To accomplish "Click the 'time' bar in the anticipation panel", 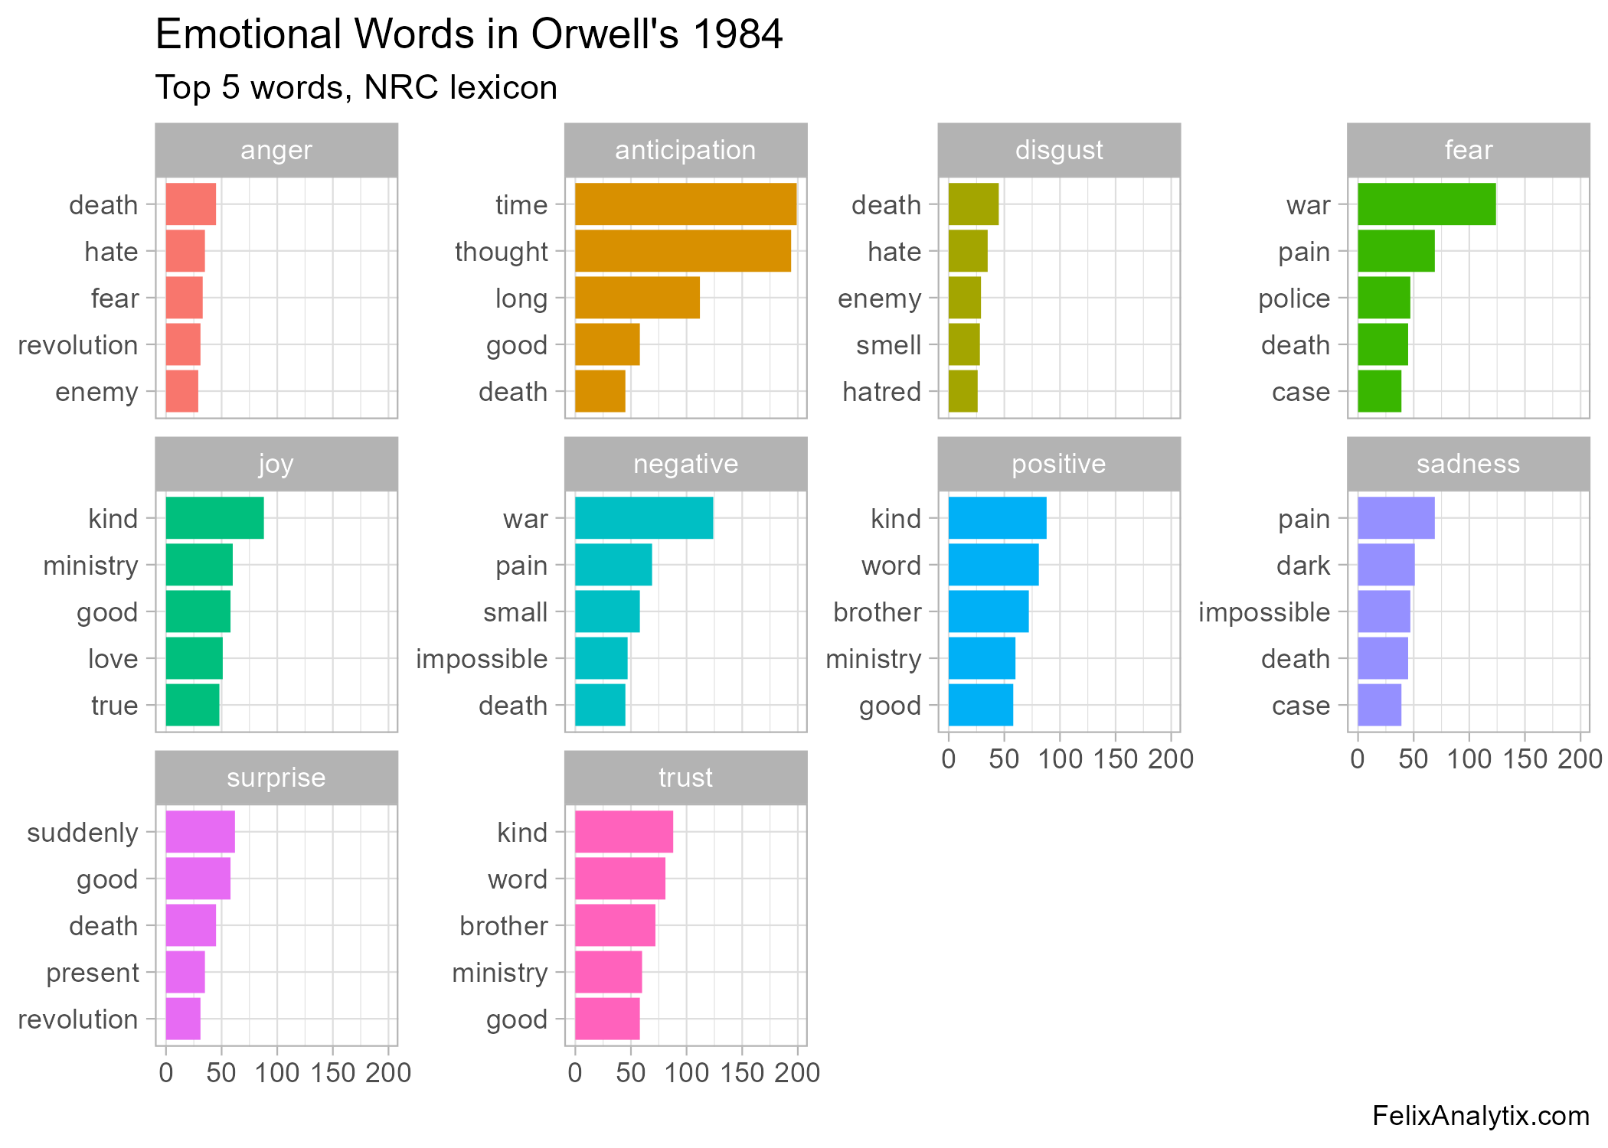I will pos(685,204).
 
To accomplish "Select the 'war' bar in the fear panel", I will pos(1426,204).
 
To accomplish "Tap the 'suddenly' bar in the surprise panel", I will pos(200,832).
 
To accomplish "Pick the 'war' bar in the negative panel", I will pos(643,518).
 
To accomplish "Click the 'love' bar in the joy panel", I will pos(194,658).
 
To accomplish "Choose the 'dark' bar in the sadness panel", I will pos(1385,565).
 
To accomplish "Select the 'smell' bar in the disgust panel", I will pos(963,344).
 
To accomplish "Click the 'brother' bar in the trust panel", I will pos(615,925).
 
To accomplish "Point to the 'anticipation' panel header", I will pos(685,150).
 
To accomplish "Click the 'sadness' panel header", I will pos(1468,464).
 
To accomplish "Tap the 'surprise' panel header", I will pos(276,778).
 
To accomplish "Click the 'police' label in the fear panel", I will pos(1294,298).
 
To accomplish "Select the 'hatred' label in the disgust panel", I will pos(881,392).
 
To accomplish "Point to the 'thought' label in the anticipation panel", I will pos(502,252).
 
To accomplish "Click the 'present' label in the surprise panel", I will pos(93,973).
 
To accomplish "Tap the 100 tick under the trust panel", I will pos(686,1073).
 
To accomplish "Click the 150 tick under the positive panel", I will pos(1115,759).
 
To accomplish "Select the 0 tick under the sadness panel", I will pos(1358,759).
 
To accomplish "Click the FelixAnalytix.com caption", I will pos(1480,1116).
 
